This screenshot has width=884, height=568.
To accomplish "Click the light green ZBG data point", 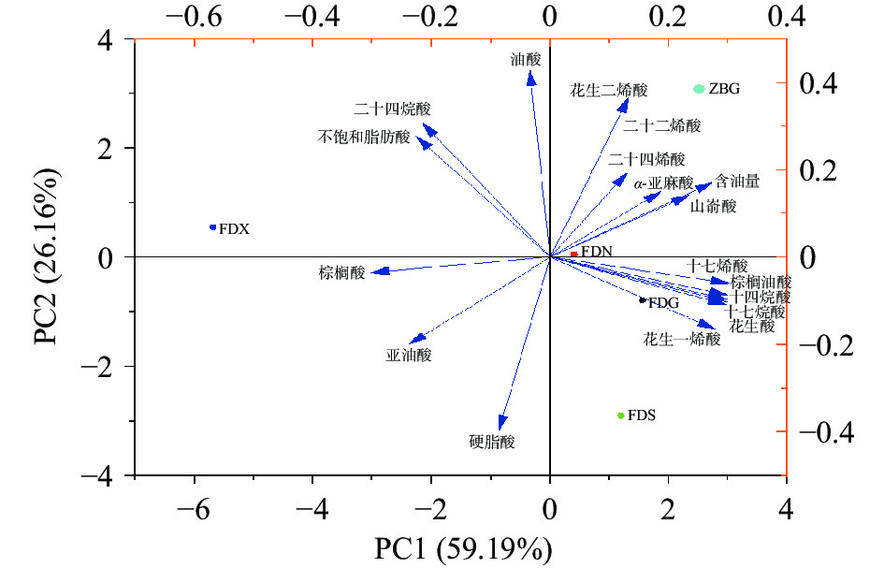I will pyautogui.click(x=700, y=89).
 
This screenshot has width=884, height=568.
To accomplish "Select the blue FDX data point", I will pyautogui.click(x=213, y=227).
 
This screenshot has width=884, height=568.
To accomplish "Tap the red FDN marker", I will pyautogui.click(x=573, y=254).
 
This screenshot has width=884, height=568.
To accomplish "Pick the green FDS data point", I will pyautogui.click(x=620, y=415).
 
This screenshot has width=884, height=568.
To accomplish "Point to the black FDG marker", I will pyautogui.click(x=642, y=300).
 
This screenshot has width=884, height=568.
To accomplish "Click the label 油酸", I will pyautogui.click(x=526, y=59).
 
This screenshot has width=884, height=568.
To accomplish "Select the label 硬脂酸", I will pyautogui.click(x=492, y=442).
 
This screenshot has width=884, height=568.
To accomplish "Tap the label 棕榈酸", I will pyautogui.click(x=341, y=273).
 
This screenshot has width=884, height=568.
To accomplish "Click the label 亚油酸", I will pyautogui.click(x=409, y=356).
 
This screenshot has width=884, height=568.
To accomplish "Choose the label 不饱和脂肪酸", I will pyautogui.click(x=364, y=138).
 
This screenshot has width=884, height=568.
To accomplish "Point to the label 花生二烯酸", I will pyautogui.click(x=608, y=91).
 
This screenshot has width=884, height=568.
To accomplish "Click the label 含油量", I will pyautogui.click(x=736, y=181).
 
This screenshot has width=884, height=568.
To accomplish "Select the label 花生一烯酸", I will pyautogui.click(x=682, y=340).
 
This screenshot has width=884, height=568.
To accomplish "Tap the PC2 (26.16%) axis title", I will pyautogui.click(x=51, y=255).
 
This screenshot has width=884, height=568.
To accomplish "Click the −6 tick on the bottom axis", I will pyautogui.click(x=194, y=510).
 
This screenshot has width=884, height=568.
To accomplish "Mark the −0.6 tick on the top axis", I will pyautogui.click(x=195, y=16).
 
